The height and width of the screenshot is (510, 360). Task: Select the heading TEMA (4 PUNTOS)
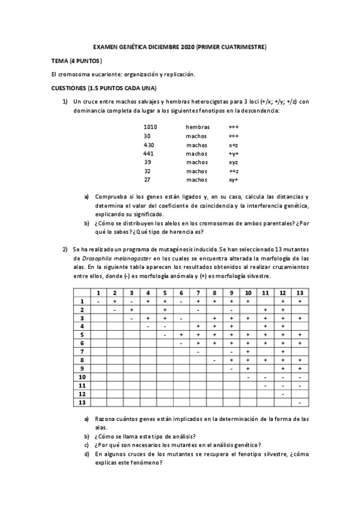77,61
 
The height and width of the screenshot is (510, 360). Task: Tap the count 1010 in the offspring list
150,127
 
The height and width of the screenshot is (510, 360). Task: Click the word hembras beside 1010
198,127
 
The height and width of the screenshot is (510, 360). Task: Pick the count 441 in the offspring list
149,153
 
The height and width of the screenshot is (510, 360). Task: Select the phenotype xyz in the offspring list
234,162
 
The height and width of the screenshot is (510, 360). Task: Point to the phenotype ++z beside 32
234,171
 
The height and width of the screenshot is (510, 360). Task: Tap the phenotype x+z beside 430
234,145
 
